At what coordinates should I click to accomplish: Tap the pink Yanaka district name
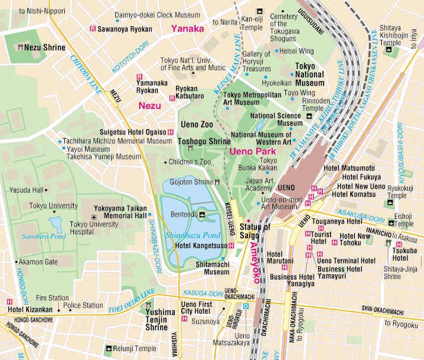point(187,29)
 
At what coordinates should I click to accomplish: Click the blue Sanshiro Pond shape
point(56,224)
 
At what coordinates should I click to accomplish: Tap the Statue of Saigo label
point(255,231)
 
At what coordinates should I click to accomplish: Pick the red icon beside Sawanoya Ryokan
point(92,28)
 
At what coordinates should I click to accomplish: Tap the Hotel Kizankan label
point(30,310)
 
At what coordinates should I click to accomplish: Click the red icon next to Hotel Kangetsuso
point(231,245)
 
